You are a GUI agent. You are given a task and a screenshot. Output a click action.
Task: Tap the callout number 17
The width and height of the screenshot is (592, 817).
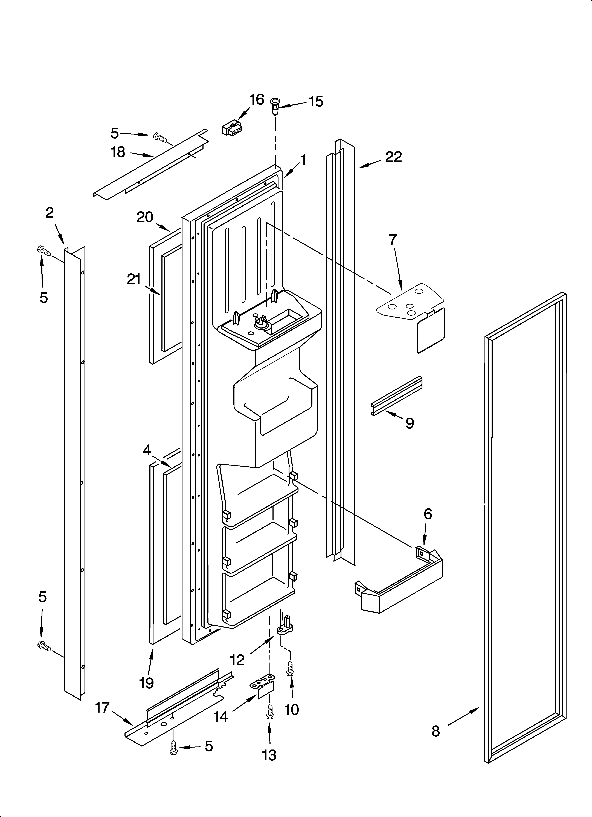pos(102,707)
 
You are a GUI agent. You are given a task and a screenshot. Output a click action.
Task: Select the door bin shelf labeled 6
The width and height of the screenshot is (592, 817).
pos(400,584)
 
